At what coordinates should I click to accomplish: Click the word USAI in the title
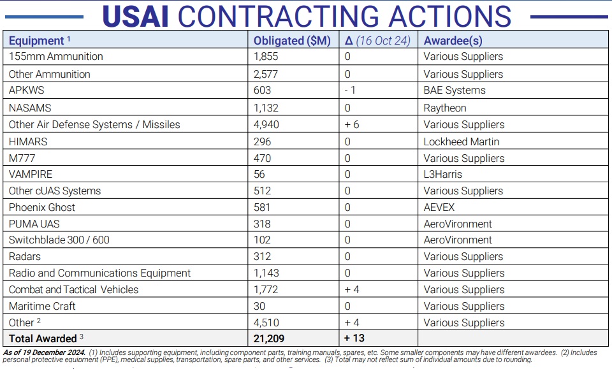coord(135,17)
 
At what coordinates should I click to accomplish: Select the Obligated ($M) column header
coord(292,41)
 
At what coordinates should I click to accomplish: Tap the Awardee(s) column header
coord(453,41)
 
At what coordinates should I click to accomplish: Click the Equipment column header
coord(36,41)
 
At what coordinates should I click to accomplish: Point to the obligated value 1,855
coord(266,56)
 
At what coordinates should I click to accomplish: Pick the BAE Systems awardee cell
coord(455,90)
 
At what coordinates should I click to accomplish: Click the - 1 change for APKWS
coord(350,90)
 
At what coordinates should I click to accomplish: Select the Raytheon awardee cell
coord(445,108)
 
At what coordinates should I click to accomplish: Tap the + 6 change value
coord(352,124)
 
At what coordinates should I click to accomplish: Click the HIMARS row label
coord(28,141)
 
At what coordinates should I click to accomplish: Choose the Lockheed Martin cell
coord(462,141)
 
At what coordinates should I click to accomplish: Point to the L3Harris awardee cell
coord(442,174)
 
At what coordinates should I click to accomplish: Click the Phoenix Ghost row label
coord(42,207)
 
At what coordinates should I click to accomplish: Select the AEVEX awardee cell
coord(439,207)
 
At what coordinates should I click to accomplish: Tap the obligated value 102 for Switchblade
coord(262,240)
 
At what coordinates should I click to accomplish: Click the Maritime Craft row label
coord(42,306)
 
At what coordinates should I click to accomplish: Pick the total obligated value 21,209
coord(269,338)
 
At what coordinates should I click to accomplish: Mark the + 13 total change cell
coord(354,338)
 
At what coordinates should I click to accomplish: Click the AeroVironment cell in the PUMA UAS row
coord(458,224)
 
